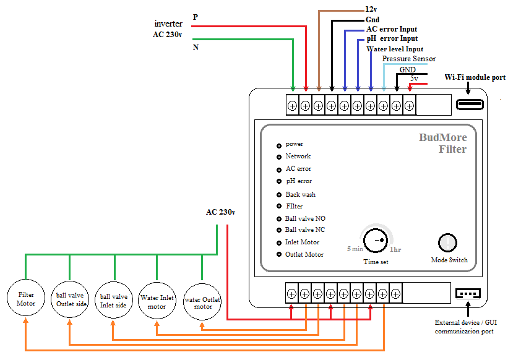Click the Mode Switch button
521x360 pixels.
(447, 242)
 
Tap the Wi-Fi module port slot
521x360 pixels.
(470, 105)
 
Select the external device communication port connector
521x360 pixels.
(468, 294)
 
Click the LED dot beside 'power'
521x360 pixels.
(279, 146)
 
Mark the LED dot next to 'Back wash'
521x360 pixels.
(279, 195)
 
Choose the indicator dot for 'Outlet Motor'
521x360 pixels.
(279, 254)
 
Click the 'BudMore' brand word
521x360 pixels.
(442, 137)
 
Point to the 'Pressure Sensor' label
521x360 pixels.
(408, 59)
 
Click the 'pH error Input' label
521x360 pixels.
(392, 39)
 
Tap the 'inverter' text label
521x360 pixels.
(168, 24)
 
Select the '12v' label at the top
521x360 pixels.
(371, 9)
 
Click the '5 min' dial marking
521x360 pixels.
(355, 249)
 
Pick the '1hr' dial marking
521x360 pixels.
(395, 249)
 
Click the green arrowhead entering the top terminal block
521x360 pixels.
(293, 89)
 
